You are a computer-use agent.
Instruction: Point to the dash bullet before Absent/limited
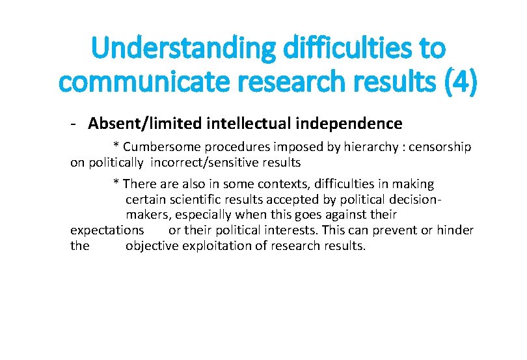click(x=76, y=124)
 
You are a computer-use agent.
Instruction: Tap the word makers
click(x=146, y=215)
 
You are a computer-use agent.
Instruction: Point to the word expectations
click(x=107, y=230)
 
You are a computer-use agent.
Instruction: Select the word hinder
click(x=456, y=230)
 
